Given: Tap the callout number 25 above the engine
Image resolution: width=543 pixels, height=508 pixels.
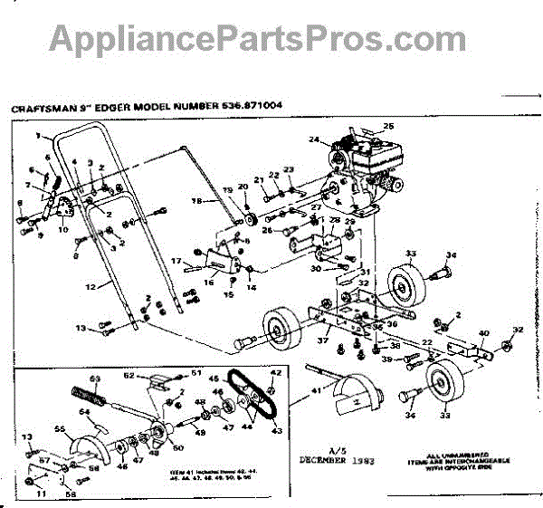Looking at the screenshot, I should [389, 125].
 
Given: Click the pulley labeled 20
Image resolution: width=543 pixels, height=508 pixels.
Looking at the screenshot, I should [251, 222].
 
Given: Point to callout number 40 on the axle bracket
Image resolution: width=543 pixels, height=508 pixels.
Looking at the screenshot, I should [483, 333].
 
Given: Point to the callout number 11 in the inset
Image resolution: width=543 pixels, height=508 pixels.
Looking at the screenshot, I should [40, 494].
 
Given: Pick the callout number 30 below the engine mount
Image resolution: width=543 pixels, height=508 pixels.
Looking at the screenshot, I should [316, 268].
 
